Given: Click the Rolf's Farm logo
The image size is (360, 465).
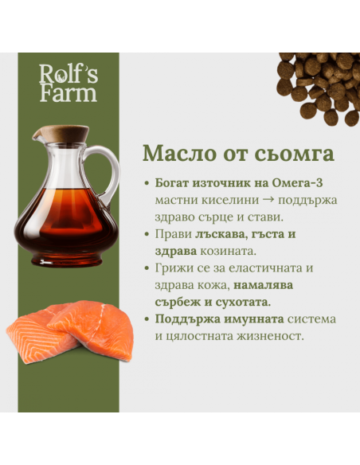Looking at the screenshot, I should [x=68, y=83].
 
